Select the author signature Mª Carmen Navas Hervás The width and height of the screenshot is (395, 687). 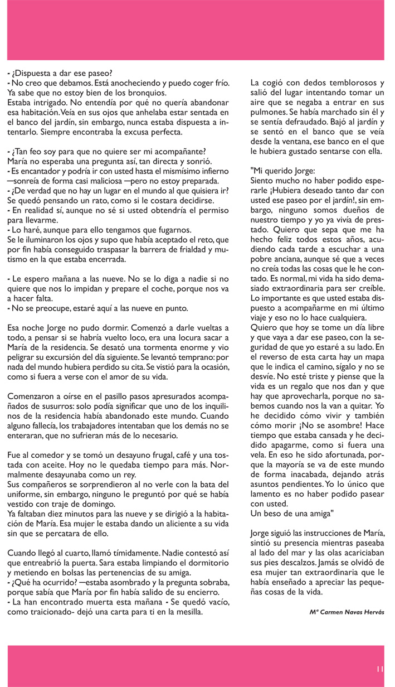347,612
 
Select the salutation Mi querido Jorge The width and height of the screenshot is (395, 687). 283,171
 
